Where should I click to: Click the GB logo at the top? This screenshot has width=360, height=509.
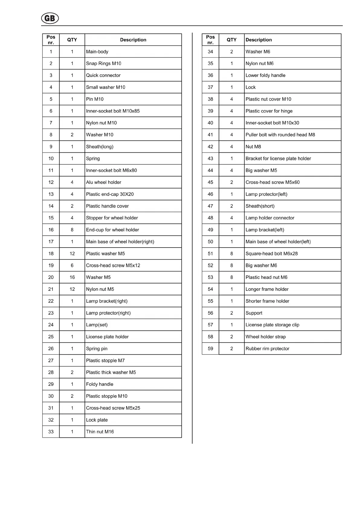tap(50, 18)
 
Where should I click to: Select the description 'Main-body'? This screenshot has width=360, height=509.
tap(97, 52)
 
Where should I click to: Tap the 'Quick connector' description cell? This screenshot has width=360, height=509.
tap(103, 75)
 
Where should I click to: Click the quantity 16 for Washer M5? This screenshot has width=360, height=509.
tap(72, 277)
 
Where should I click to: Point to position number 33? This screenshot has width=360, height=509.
tap(51, 432)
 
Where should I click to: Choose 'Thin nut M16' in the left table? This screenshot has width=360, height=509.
tap(100, 432)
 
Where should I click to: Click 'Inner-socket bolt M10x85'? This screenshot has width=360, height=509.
tap(113, 111)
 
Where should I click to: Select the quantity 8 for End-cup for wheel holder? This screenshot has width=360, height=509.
tap(72, 230)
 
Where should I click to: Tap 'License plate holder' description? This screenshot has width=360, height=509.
tap(107, 337)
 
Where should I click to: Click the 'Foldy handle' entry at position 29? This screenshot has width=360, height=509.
tap(99, 384)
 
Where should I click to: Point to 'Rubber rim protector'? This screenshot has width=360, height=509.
tap(267, 349)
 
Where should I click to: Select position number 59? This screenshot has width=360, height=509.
tap(210, 349)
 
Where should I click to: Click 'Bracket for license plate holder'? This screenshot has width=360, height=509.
tap(278, 158)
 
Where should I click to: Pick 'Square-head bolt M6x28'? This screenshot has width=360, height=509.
tap(271, 254)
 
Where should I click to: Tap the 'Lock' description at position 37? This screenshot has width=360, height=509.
tap(250, 87)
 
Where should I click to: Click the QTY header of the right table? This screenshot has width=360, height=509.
tap(232, 40)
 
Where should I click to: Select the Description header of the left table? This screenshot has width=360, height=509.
tap(133, 40)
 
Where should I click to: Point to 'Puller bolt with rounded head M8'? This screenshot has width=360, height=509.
tap(280, 135)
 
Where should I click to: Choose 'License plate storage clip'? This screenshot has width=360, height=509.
tap(272, 325)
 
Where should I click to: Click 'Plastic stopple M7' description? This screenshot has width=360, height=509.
tap(105, 361)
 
